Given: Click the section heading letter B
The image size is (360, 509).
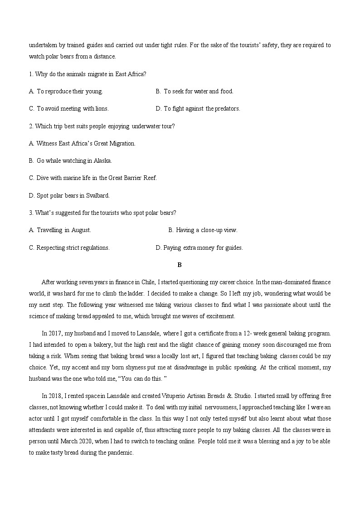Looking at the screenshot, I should point(180,265).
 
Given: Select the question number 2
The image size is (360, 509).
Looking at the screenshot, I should point(30,126).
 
